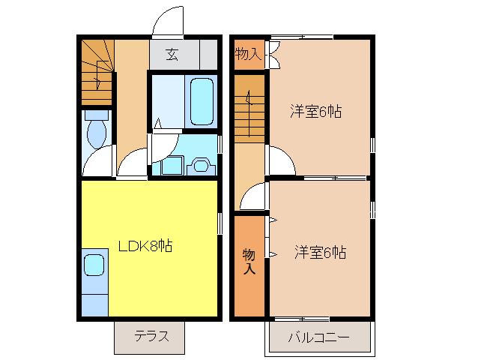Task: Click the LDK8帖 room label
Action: point(145,245)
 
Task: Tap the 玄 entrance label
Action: point(172,54)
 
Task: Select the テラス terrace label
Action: point(149,336)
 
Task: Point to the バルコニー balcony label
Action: point(318,337)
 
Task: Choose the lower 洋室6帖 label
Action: point(320,252)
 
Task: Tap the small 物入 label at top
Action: point(248,54)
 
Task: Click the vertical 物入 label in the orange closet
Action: point(249,262)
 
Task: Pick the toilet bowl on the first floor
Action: point(96,132)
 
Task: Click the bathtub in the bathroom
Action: point(202,101)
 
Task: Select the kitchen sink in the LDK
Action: point(94,265)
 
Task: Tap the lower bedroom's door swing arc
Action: point(252,196)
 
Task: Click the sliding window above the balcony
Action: point(319,318)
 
